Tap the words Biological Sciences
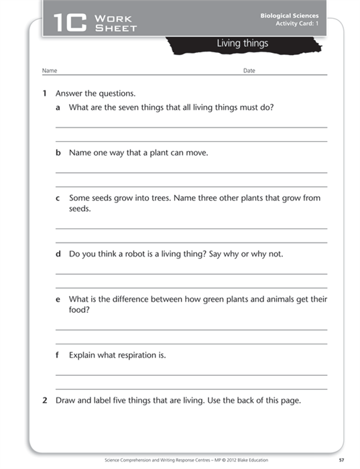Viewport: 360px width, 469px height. coord(290,15)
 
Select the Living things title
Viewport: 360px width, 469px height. coord(242,44)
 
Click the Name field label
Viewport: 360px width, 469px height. coord(50,70)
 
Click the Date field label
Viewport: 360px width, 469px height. coord(249,70)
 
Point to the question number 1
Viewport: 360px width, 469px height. coord(44,93)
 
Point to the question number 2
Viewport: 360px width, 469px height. coord(44,401)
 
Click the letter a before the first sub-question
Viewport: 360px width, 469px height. coord(58,107)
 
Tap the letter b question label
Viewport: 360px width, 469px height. coord(58,153)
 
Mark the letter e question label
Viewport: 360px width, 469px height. coord(58,299)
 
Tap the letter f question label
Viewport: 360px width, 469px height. coord(58,355)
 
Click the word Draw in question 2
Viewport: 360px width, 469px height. coord(66,401)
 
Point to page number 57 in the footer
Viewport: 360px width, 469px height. coord(341,460)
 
